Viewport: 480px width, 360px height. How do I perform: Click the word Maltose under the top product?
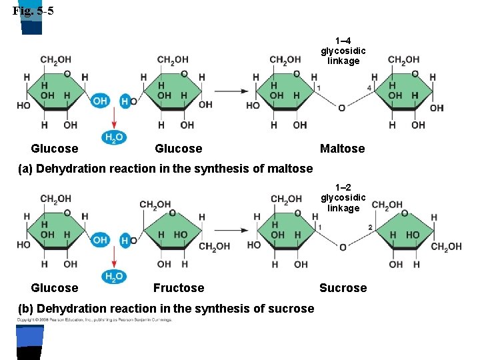tap(342, 149)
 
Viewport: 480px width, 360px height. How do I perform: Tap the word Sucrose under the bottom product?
tap(343, 288)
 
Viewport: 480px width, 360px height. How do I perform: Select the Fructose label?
tap(179, 288)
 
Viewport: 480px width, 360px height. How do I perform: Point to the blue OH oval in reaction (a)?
tap(100, 101)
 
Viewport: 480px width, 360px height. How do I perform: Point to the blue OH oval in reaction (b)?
tap(100, 239)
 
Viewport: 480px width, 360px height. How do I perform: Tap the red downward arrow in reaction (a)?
tap(114, 118)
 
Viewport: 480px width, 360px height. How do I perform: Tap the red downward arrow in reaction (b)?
tap(114, 257)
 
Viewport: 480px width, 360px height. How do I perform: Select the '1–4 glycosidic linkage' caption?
tap(343, 51)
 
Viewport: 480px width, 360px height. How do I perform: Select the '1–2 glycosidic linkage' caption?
tap(343, 198)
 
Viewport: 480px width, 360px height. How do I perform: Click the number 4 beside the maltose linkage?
tap(369, 88)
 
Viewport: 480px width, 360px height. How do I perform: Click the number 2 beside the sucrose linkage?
tap(370, 227)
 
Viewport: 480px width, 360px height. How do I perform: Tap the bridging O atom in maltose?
tap(342, 108)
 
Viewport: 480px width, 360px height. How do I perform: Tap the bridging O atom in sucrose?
tap(343, 247)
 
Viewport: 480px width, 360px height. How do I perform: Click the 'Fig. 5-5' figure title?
tap(33, 10)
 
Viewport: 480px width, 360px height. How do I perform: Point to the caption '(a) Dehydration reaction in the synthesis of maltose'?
tap(165, 168)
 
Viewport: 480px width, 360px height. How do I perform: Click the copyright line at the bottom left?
tap(94, 321)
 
